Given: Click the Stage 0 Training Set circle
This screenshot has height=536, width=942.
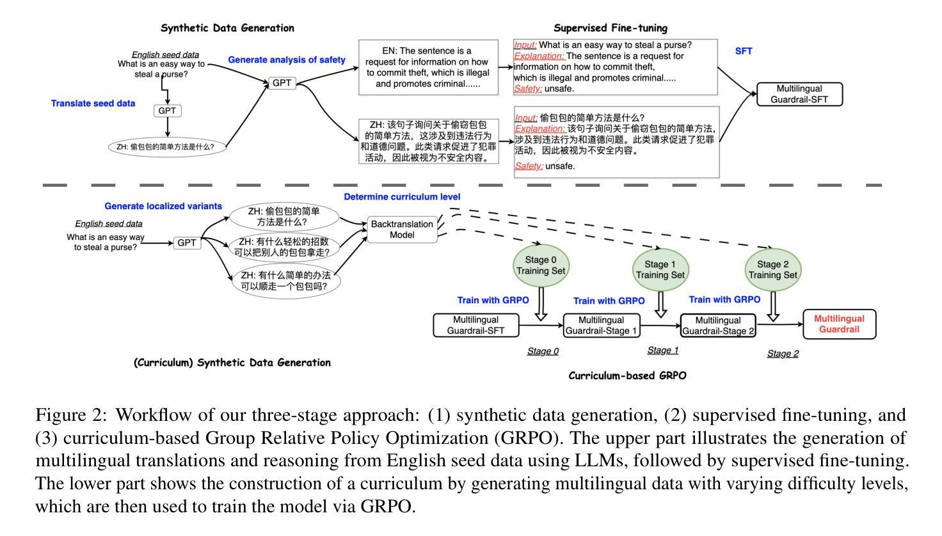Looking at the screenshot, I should coord(541,265).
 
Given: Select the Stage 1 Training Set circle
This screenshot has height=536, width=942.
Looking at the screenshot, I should coord(660,269).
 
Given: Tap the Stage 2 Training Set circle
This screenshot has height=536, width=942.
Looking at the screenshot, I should coord(773,269).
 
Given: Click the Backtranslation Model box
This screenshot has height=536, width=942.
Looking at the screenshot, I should coord(402,230).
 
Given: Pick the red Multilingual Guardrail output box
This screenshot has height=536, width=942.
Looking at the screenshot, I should coord(839,324).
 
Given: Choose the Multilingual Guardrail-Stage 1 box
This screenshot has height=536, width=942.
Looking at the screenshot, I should coord(602,326).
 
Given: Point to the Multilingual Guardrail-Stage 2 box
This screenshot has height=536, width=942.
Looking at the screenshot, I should coord(718,326).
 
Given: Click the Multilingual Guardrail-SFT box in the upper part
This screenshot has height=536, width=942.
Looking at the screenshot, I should coord(799,94).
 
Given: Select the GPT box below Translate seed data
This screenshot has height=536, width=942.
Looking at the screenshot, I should coord(167,111).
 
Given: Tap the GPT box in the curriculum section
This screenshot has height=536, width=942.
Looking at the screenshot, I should coord(187,243).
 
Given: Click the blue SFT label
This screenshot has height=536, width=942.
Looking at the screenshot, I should coord(744,51).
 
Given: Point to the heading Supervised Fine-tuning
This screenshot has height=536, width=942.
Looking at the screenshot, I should coord(610,28).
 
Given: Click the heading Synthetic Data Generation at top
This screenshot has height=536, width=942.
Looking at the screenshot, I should coord(227,28).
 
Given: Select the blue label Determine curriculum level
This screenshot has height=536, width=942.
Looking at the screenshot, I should coord(402,197).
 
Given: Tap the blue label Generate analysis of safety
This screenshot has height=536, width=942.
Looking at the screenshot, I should coord(287,60).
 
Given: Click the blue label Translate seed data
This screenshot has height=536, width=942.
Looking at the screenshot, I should coord(93,103).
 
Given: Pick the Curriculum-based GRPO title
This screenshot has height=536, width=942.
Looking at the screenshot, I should coord(627,375).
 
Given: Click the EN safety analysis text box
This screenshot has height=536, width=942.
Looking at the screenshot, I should coord(428,67).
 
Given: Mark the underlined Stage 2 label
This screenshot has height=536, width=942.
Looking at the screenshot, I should coord(783,354).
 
